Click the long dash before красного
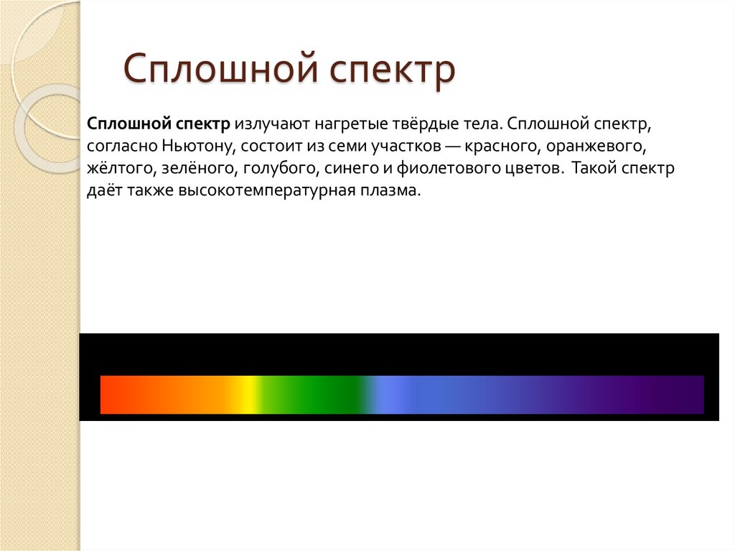452,147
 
